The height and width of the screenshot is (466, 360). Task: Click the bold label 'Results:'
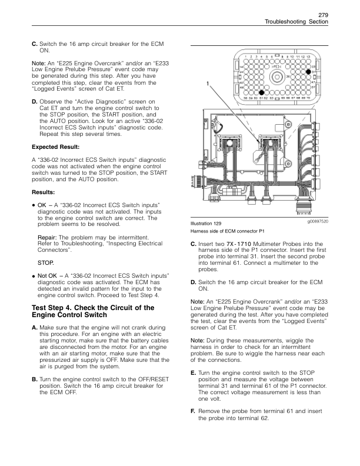coord(42,192)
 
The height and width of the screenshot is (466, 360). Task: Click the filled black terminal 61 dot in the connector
coord(266,92)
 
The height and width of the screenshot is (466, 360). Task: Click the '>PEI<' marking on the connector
coord(276,67)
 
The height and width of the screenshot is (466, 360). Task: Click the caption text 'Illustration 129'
coord(202,224)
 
